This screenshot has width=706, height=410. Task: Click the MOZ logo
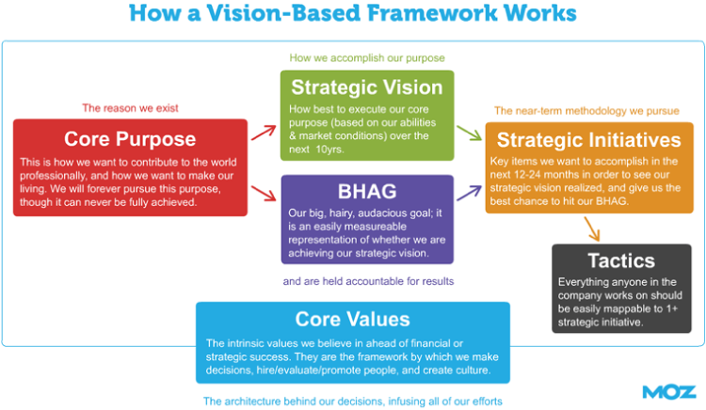tap(668, 390)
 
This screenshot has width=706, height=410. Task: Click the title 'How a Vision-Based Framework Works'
tap(353, 15)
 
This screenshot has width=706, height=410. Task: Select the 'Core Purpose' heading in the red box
tap(129, 139)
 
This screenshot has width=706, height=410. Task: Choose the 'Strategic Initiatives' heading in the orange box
tap(588, 140)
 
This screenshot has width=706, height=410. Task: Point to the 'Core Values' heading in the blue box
tap(352, 319)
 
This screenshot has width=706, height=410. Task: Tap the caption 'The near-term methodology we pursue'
tap(586, 110)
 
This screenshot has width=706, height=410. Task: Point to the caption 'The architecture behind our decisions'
tap(353, 401)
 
